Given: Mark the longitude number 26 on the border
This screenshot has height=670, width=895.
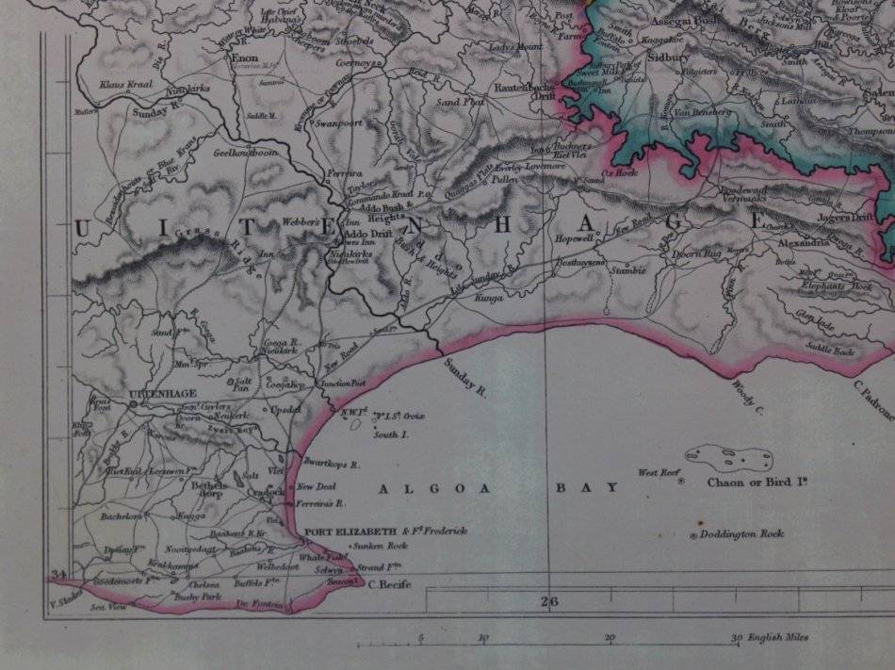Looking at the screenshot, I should pyautogui.click(x=550, y=600).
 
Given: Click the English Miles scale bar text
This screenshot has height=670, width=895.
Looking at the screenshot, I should pyautogui.click(x=782, y=638).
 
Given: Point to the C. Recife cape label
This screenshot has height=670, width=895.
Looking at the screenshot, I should pyautogui.click(x=387, y=585).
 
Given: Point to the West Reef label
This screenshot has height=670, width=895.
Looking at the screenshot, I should pyautogui.click(x=659, y=473).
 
